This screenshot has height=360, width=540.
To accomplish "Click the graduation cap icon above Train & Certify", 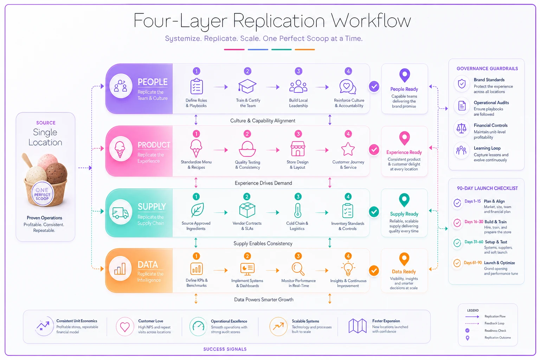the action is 247,86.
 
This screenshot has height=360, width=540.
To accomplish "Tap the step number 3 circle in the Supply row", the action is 298,197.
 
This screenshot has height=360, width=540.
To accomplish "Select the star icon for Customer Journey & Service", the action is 348,149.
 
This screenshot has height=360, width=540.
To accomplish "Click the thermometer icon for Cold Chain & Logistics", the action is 298,211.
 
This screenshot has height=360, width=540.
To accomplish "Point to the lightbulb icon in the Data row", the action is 348,269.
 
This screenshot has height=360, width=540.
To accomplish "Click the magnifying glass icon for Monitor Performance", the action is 298,269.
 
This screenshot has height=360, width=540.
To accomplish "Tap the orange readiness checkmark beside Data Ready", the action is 374,271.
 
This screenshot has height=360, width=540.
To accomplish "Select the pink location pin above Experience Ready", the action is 404,138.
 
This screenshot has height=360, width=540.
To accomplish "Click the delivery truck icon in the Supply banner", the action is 120,212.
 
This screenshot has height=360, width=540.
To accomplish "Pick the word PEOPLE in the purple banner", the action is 152,82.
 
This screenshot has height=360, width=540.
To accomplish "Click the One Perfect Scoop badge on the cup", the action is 42,194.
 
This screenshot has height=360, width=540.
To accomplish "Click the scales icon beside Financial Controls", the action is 461,129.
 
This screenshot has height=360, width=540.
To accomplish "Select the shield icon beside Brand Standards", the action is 462,84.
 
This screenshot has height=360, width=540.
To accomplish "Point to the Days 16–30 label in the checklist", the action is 474,222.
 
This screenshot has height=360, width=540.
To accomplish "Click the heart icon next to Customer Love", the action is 125,327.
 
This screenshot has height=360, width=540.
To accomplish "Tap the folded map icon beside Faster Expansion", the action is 357,326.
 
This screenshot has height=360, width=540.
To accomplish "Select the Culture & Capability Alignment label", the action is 263,121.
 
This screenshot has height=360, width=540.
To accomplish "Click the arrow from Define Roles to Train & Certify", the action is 220,87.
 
